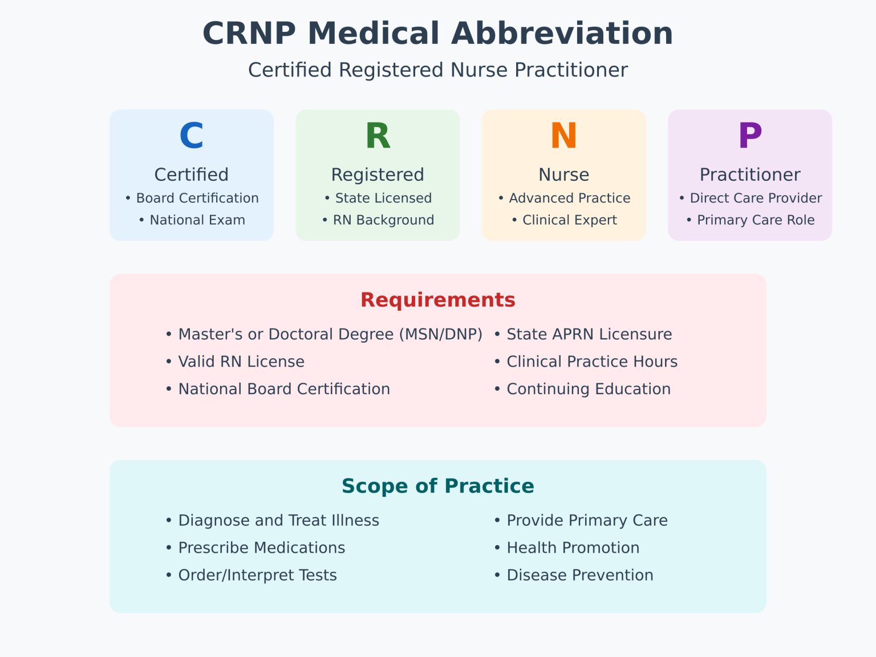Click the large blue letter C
click(x=191, y=136)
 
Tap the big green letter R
click(x=378, y=136)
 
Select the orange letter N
click(x=563, y=136)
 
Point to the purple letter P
click(x=750, y=136)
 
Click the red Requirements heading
click(x=437, y=300)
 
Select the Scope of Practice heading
click(x=437, y=486)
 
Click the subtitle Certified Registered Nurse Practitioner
click(x=437, y=70)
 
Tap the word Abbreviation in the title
click(x=562, y=33)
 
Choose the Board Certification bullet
click(x=197, y=198)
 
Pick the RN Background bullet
click(x=383, y=220)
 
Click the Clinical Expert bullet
click(x=569, y=220)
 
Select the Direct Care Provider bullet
click(x=756, y=198)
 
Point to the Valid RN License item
click(x=241, y=362)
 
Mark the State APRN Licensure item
click(x=589, y=334)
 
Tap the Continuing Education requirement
click(x=589, y=389)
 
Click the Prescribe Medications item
click(x=262, y=547)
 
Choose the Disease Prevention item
click(x=580, y=575)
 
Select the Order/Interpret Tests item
click(x=257, y=575)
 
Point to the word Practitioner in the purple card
click(x=750, y=175)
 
